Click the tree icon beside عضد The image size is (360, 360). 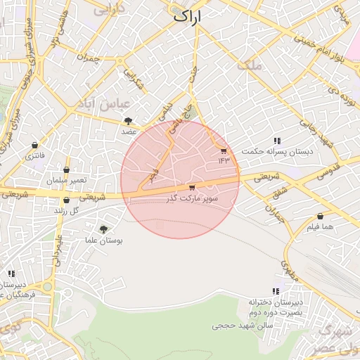[x=127, y=121]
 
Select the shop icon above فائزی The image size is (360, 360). [x=34, y=146]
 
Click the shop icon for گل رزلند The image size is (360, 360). [x=66, y=200]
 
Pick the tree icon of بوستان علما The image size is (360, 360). [x=103, y=229]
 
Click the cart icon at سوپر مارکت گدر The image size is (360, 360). [x=192, y=188]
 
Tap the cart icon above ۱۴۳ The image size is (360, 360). [x=224, y=150]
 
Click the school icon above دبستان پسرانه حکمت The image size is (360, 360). [x=277, y=141]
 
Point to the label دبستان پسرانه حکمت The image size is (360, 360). [x=277, y=152]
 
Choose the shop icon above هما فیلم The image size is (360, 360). [x=320, y=217]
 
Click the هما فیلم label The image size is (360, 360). [x=320, y=227]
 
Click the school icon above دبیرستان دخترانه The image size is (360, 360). [x=276, y=290]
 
